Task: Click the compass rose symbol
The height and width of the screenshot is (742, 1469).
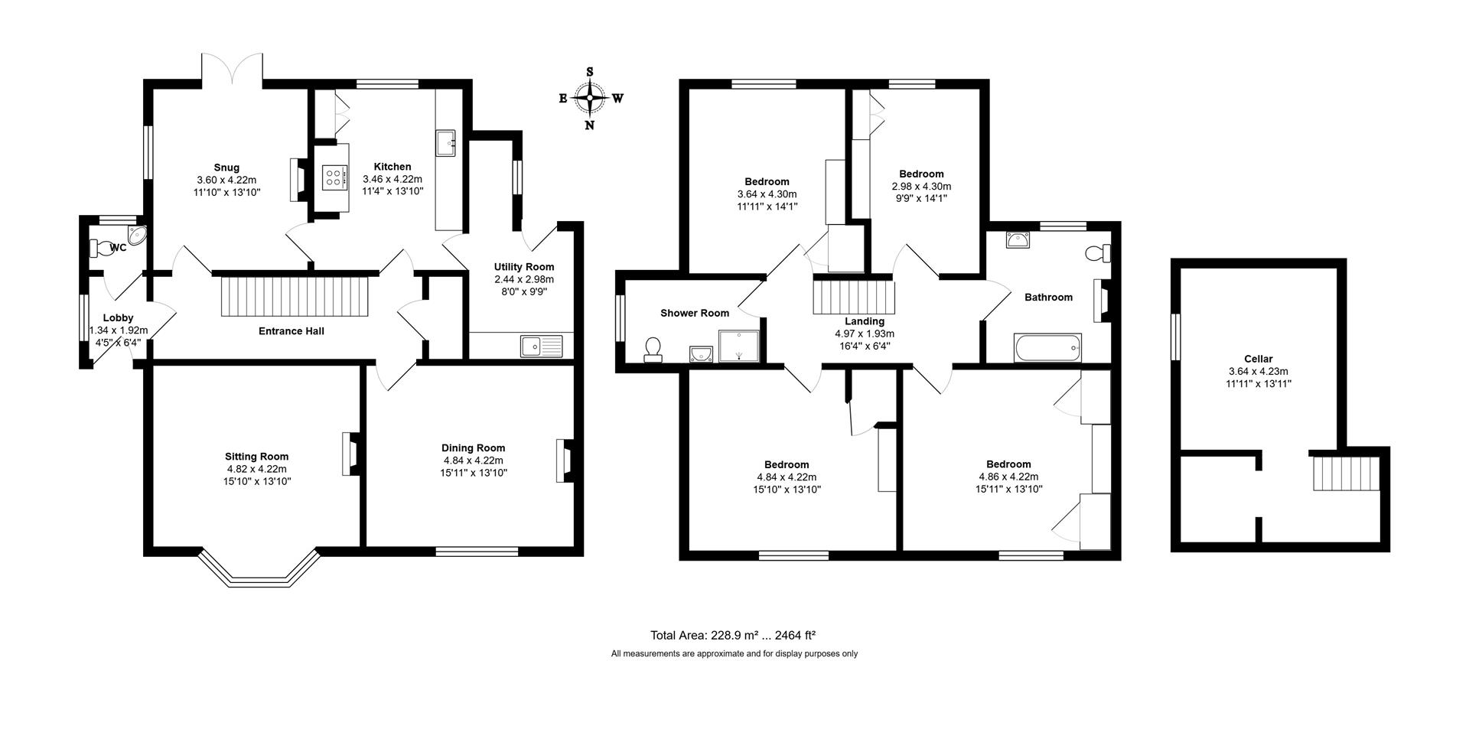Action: tap(590, 98)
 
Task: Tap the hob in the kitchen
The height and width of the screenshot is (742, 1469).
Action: tap(334, 178)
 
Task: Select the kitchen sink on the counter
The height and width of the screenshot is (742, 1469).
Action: tap(446, 142)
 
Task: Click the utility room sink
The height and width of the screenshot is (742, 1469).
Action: tap(541, 347)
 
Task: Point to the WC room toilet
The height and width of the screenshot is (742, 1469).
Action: tap(100, 248)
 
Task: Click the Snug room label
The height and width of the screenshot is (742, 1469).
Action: tap(226, 168)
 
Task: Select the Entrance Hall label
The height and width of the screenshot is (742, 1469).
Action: tap(291, 331)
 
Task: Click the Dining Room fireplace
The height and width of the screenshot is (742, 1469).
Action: tap(565, 460)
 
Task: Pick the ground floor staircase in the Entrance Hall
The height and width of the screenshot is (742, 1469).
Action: tap(295, 296)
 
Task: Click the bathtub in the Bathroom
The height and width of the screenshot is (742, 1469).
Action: tap(1047, 348)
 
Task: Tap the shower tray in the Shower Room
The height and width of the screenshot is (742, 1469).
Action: tap(739, 345)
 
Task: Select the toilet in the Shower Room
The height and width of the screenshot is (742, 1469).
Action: tap(653, 350)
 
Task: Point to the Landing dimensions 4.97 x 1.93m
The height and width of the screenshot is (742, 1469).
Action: tap(865, 334)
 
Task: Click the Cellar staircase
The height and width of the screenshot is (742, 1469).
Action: tap(1346, 473)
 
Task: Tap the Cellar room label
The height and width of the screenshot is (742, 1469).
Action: tap(1258, 359)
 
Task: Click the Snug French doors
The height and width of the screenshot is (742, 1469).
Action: tap(233, 68)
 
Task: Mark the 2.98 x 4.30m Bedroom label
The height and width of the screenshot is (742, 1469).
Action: tap(921, 174)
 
